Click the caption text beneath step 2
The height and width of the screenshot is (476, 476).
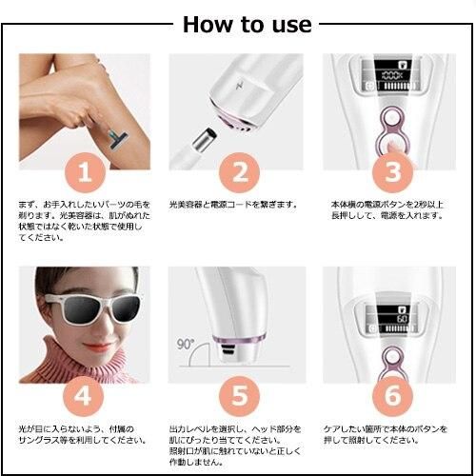pos(233,205)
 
